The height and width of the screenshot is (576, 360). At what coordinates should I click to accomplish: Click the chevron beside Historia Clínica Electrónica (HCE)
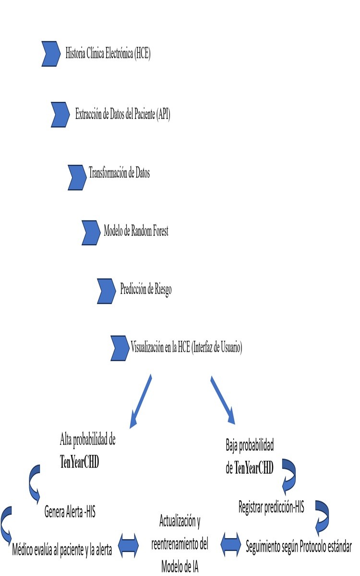click(x=51, y=53)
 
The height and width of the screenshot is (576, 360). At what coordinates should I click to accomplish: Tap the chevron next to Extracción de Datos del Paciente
click(x=60, y=115)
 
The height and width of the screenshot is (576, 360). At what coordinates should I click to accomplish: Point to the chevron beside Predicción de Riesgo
click(x=106, y=290)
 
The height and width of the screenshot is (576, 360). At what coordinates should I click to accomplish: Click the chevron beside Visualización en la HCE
click(x=120, y=348)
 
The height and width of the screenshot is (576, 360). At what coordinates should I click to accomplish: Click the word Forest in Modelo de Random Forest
click(x=157, y=231)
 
